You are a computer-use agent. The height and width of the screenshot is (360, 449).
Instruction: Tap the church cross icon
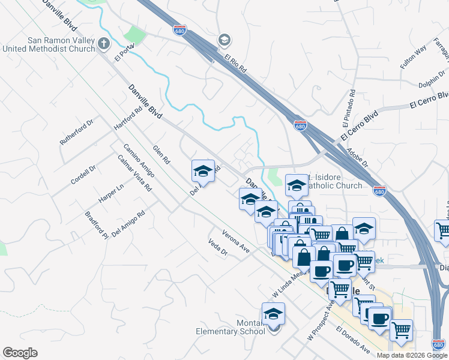[104, 43]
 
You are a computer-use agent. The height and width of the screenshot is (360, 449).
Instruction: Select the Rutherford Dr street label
[77, 132]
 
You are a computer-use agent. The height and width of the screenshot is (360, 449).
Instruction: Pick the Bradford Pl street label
[96, 224]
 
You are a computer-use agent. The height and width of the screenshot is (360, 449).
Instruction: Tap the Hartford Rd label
[128, 119]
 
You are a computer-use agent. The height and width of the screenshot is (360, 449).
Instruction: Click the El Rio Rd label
[236, 64]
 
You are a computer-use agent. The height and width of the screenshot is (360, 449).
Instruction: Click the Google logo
[20, 353]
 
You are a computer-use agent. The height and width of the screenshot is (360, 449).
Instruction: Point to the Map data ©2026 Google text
[412, 355]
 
